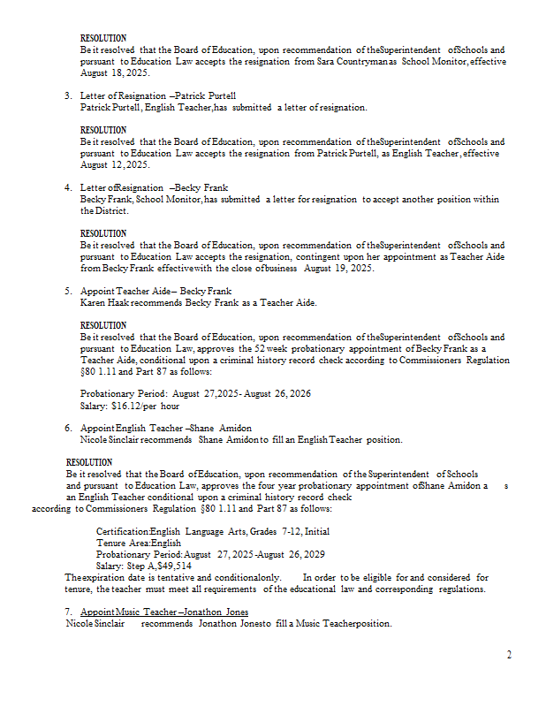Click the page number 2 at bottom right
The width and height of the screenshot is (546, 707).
point(509,655)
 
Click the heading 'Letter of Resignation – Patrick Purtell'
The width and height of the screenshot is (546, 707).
point(158,95)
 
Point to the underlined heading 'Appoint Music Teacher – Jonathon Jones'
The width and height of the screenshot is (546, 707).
point(164,612)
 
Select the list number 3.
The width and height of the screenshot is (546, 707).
point(68,95)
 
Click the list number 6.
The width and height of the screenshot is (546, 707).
point(68,428)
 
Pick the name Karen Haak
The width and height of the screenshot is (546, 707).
point(105,302)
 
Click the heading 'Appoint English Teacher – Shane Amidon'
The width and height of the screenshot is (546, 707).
point(165,428)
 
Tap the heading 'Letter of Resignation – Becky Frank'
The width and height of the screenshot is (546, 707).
point(154,187)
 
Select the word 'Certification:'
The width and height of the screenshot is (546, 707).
point(122,531)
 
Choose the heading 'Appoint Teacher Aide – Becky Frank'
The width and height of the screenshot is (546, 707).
point(155,291)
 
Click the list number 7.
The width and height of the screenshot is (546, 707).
point(68,612)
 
